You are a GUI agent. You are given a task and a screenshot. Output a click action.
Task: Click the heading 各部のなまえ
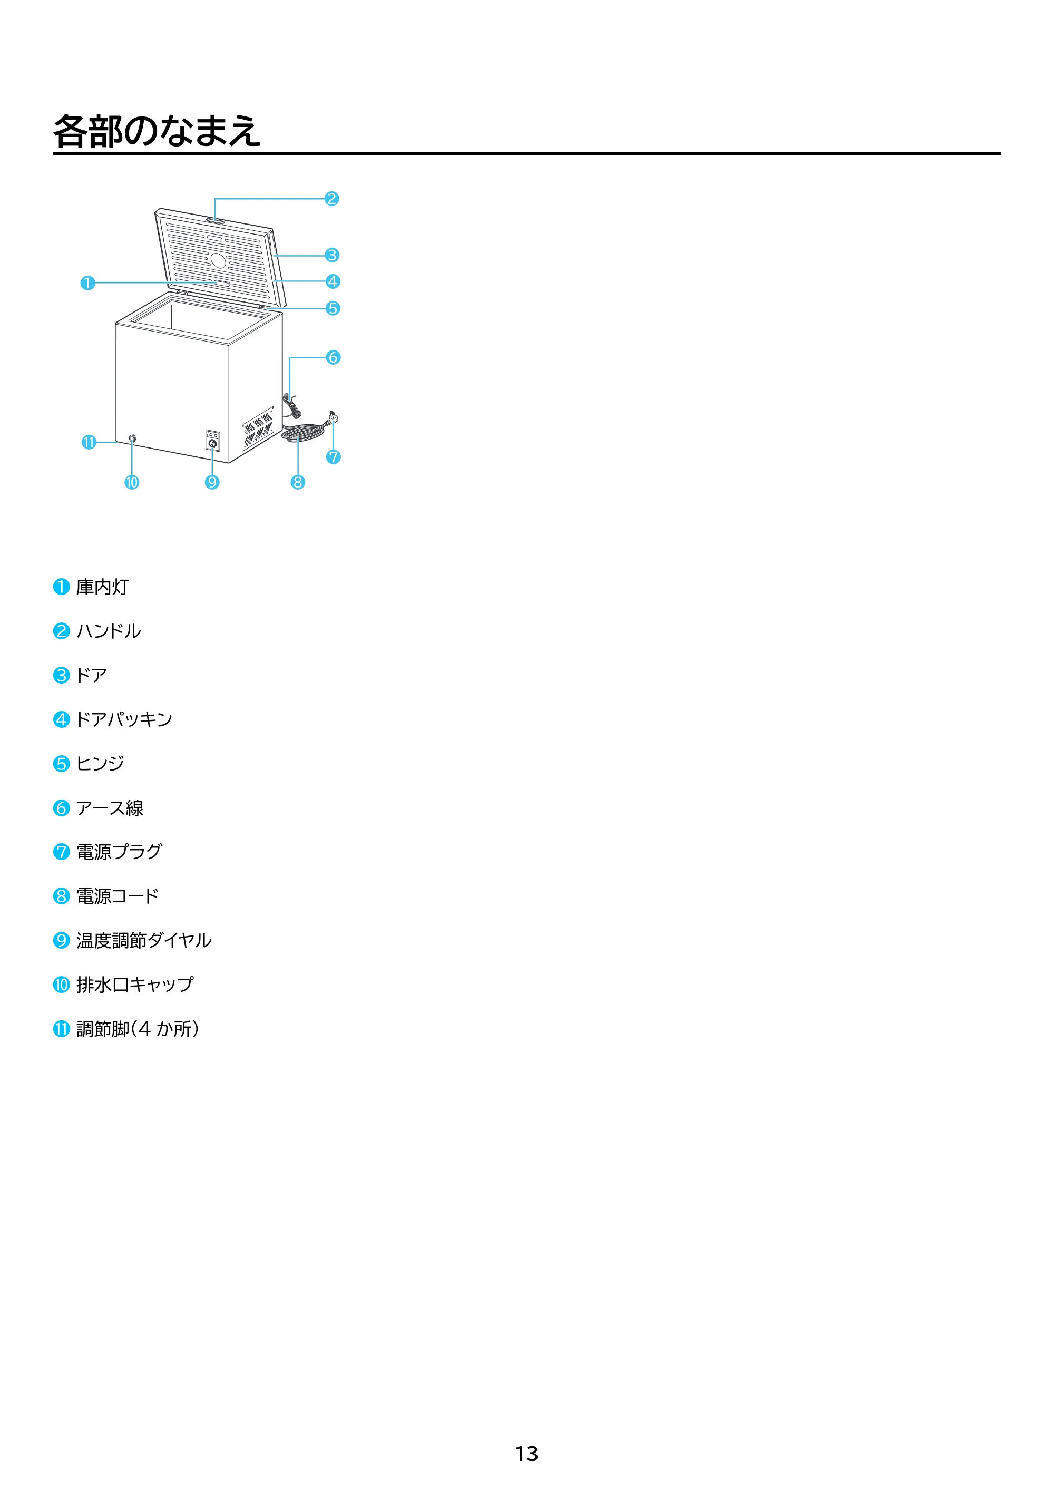tap(157, 131)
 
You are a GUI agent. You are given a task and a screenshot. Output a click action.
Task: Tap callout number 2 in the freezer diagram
tap(332, 199)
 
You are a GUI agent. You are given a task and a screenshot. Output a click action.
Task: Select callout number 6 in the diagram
tap(333, 357)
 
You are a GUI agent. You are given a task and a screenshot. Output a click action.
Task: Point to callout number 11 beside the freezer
tap(89, 442)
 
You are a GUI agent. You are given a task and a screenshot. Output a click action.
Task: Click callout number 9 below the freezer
tap(212, 482)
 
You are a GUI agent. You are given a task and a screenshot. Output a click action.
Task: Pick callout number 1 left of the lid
tap(87, 283)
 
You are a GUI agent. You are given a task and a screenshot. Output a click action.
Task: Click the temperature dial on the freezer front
tap(212, 444)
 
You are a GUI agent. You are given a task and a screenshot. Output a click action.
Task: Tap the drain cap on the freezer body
tap(132, 438)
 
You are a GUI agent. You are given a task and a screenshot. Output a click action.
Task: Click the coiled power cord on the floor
tap(304, 431)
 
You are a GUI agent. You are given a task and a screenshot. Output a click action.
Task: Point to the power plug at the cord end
tap(333, 417)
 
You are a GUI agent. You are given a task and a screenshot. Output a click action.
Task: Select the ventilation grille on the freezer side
tap(258, 428)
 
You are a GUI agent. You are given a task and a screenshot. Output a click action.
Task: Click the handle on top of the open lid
tap(216, 221)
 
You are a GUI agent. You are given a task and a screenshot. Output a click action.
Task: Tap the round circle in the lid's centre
tap(218, 260)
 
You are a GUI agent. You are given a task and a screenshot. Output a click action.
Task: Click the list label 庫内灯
tap(103, 587)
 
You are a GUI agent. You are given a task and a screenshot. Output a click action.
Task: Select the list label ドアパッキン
tap(124, 719)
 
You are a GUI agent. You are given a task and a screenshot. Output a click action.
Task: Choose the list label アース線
tap(110, 808)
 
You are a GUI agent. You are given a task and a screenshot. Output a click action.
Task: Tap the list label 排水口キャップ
tap(135, 985)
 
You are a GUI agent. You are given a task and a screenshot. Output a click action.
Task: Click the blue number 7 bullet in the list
tap(61, 852)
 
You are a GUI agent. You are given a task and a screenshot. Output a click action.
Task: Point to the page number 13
tap(526, 1454)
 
